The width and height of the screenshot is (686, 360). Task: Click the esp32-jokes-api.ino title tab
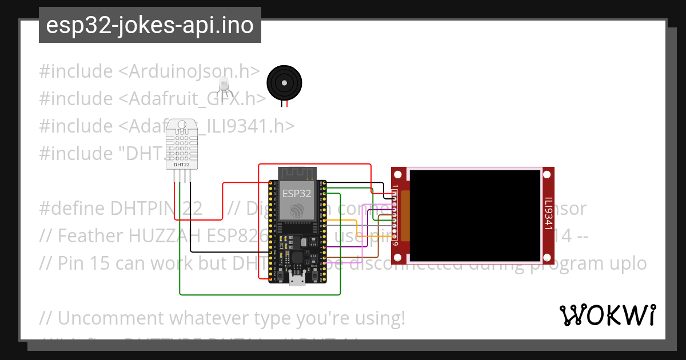coord(150,25)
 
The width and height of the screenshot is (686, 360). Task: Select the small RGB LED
coord(224,86)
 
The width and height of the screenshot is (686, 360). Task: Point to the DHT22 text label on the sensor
coord(182,165)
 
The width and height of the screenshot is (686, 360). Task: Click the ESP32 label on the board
coord(297,193)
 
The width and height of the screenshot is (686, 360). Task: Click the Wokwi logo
coord(607,315)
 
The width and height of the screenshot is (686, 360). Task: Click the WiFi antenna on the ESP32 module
coord(297,173)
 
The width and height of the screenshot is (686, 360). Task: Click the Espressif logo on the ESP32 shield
coord(297,210)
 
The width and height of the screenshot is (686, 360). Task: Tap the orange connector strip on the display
coord(405,215)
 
